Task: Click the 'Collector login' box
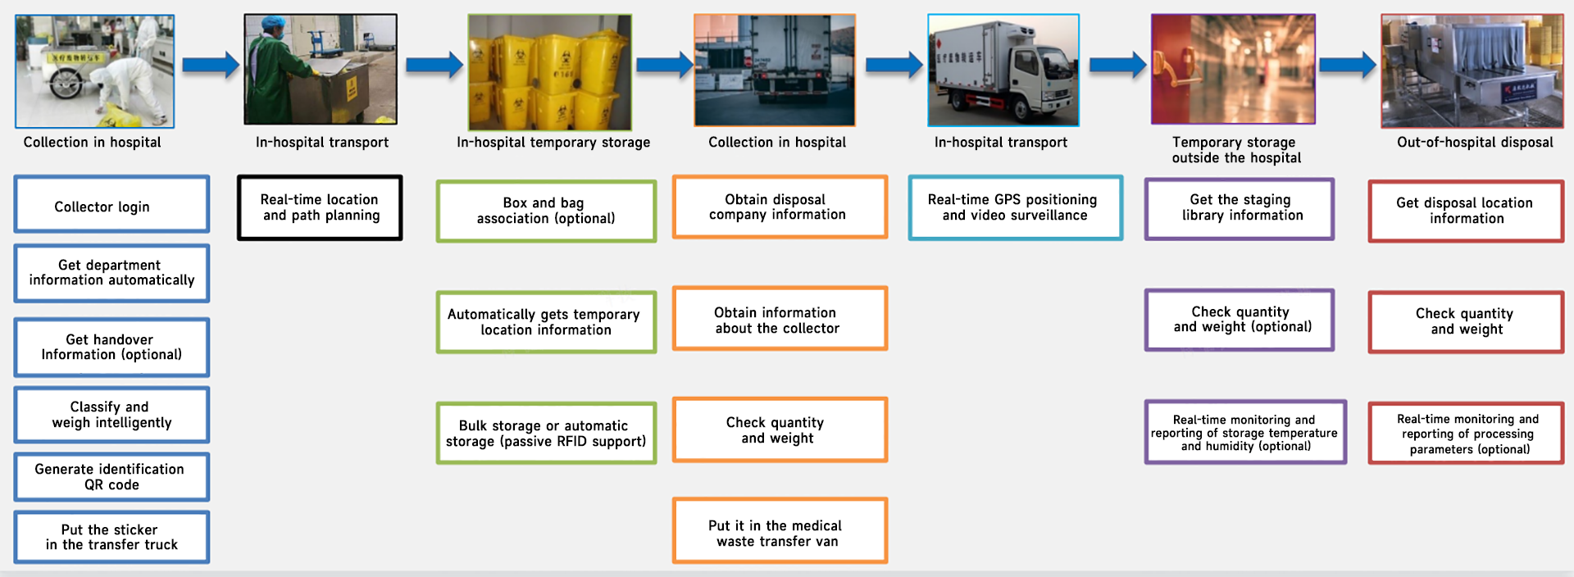[111, 204]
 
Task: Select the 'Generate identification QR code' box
[111, 477]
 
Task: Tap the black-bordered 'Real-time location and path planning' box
[320, 207]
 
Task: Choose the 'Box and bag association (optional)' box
[546, 211]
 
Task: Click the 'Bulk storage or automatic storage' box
[546, 434]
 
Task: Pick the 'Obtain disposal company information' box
[779, 207]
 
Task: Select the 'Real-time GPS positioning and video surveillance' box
[1015, 207]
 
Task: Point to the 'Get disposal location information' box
[1466, 211]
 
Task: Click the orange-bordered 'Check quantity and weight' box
[779, 430]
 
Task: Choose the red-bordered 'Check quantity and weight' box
[1466, 322]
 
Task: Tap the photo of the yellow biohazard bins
[549, 72]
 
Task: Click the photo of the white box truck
[1003, 70]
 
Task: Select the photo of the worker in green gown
[321, 70]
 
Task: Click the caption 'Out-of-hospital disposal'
[1474, 143]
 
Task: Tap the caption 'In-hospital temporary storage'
[553, 143]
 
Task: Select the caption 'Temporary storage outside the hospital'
[1235, 150]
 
